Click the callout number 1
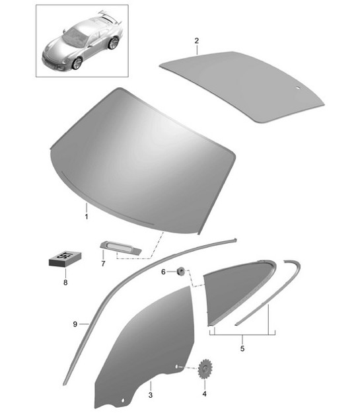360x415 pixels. coord(86,215)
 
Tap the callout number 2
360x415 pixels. coord(196,41)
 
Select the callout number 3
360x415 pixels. coord(151,395)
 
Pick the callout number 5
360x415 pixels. coord(242,348)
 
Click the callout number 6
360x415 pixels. coord(164,272)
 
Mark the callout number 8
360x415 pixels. coord(65,283)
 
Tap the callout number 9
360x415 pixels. coord(77,324)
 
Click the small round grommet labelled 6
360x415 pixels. coord(179,270)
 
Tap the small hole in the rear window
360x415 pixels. coord(298,87)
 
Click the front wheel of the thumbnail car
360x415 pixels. coord(78,63)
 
